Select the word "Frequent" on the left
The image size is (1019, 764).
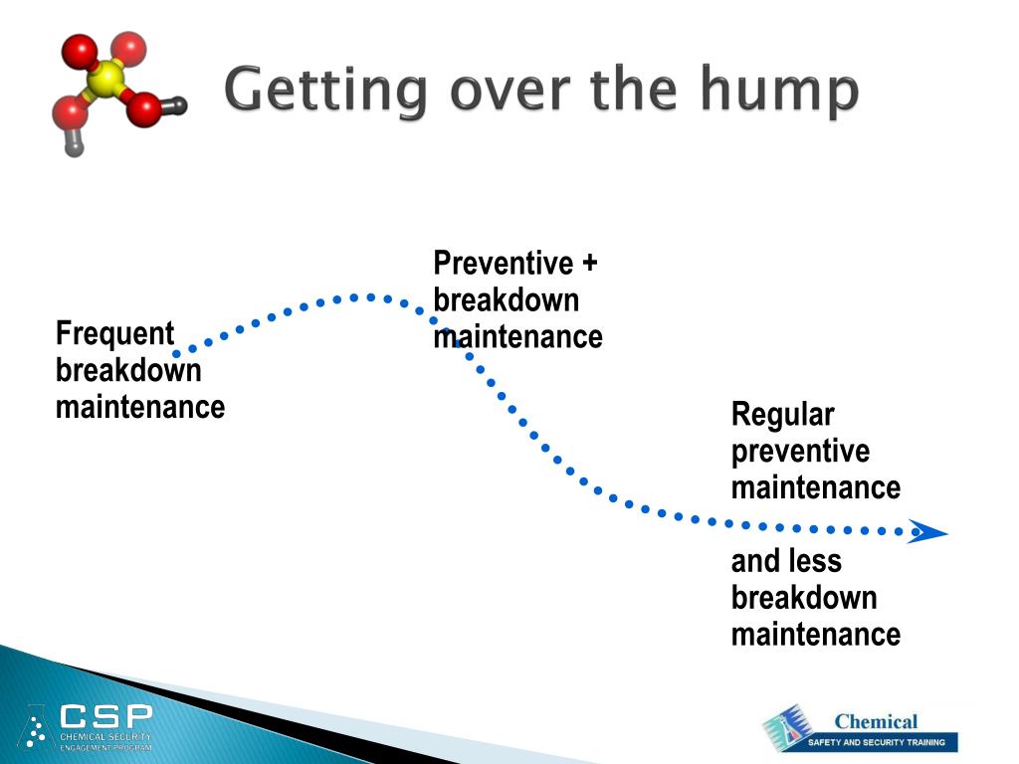(115, 334)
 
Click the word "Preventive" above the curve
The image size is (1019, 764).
(504, 263)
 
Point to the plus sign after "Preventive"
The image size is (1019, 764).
(589, 263)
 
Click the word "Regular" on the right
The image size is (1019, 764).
(783, 415)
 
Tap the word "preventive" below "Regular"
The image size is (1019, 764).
(801, 452)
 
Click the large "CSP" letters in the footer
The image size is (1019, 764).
(106, 716)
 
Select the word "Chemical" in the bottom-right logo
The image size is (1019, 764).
(876, 721)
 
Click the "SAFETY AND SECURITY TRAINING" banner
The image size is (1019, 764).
(876, 742)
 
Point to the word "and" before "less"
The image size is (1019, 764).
(754, 561)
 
